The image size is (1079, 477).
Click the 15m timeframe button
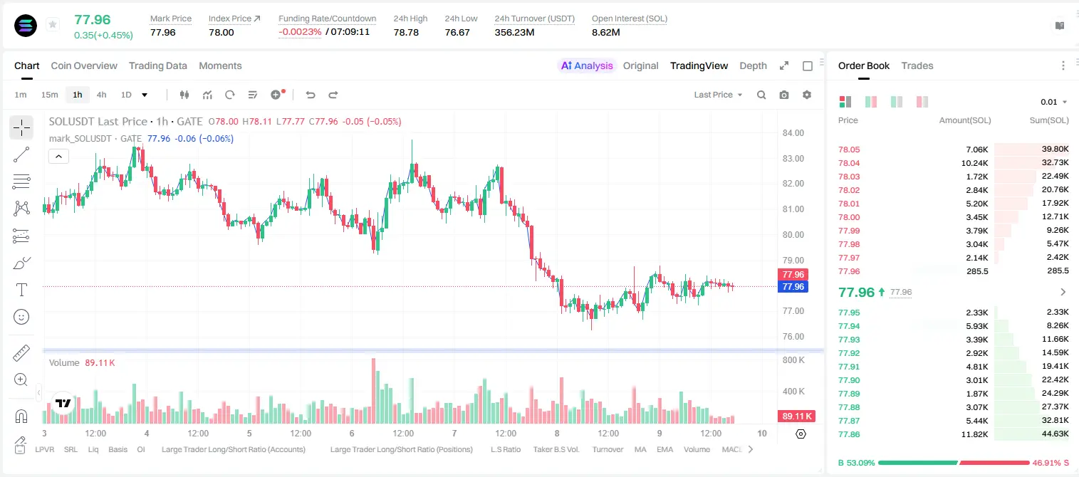coord(50,95)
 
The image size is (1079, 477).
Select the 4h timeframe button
coord(101,95)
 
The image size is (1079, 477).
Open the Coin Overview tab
coord(84,66)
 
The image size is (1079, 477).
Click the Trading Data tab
coord(158,66)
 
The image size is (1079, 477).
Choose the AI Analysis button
coord(587,66)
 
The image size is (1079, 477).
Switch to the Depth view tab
coord(753,66)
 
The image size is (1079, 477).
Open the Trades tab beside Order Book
coord(917,66)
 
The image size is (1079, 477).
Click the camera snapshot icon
coord(784,95)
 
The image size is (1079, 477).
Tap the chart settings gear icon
coord(807,95)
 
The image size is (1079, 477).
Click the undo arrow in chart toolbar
coord(311,95)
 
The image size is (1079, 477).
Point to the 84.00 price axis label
coord(793,133)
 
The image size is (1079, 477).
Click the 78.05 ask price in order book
coord(849,150)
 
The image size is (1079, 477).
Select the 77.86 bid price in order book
coord(849,434)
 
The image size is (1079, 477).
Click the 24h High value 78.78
coord(406,32)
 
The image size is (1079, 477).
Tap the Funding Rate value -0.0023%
coord(300,32)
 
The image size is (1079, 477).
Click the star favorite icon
coord(53,24)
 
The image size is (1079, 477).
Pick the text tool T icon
coord(21,290)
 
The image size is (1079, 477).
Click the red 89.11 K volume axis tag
coord(796,416)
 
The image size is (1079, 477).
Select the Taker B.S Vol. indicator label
coord(556,449)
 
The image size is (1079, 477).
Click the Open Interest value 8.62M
coord(605,32)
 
